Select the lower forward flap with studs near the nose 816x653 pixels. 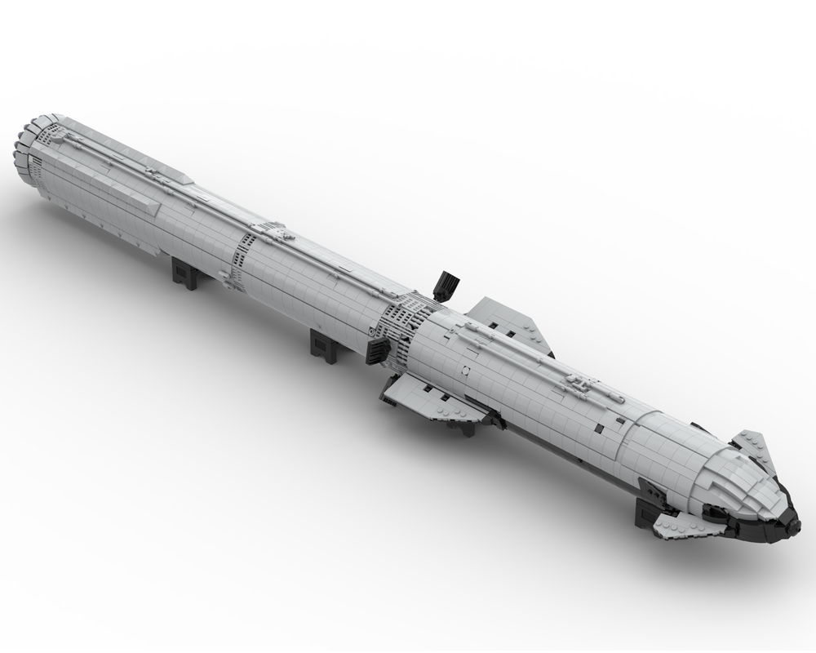click(x=679, y=527)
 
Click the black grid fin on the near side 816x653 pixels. click(x=378, y=351)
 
